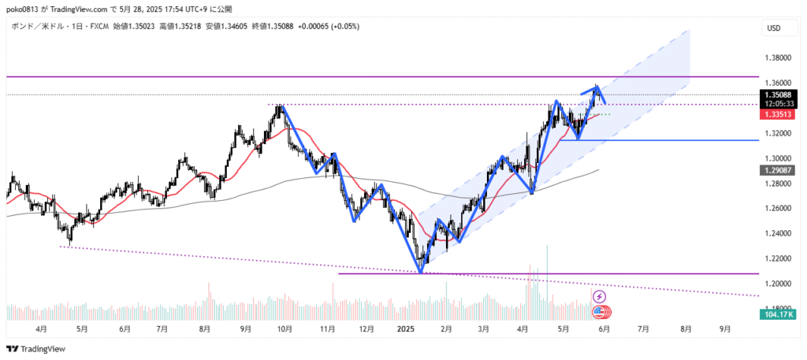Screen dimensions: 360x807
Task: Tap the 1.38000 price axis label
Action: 779,58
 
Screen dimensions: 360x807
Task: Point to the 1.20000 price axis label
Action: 779,284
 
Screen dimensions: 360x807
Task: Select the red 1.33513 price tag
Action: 779,114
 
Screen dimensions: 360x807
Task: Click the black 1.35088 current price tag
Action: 779,95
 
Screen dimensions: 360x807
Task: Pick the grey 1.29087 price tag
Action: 779,170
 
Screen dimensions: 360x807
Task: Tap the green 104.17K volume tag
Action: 779,314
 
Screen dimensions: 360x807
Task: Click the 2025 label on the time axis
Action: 407,329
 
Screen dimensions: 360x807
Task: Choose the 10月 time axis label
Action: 284,329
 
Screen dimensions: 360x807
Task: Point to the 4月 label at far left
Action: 40,329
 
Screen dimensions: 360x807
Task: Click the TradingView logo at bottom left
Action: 36,349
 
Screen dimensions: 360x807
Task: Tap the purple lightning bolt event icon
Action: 599,296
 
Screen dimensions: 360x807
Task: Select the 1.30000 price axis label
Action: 779,158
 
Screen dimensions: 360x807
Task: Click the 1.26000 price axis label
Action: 779,208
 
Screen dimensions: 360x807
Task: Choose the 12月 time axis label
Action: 366,329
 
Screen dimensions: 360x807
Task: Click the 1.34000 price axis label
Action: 779,108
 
